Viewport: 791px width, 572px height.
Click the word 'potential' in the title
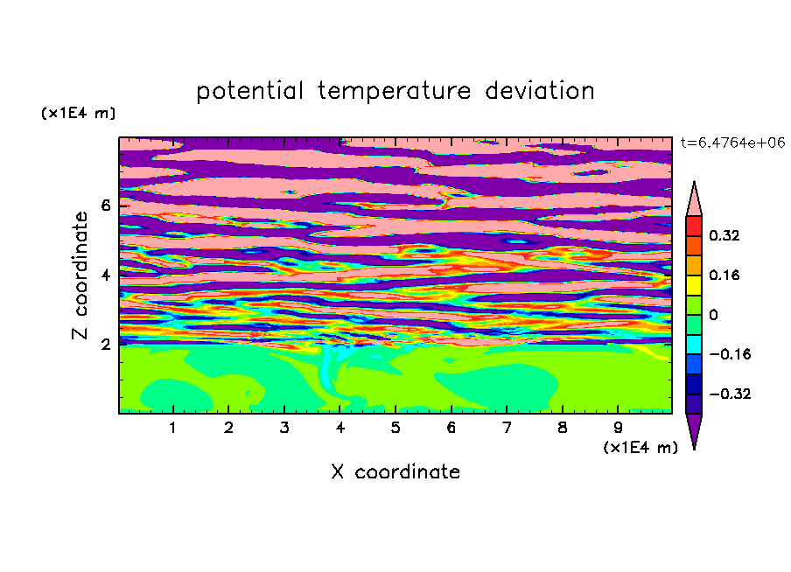tap(249, 92)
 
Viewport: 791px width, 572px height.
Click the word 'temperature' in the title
tap(395, 92)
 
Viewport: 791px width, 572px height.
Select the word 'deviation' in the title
tap(540, 91)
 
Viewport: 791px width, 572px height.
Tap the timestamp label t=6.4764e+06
tap(733, 143)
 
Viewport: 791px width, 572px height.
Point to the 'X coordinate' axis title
tap(395, 471)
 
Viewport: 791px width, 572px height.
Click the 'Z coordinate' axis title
tap(80, 276)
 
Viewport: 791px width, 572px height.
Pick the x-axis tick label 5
tap(395, 428)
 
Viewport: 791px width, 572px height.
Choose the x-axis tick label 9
tap(618, 428)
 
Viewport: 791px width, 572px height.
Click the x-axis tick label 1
tap(173, 428)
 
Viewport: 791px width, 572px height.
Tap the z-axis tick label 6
tap(105, 206)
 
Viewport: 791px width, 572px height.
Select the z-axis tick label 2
tap(105, 345)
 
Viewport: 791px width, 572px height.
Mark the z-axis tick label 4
tap(105, 275)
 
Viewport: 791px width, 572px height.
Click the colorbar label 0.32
tap(724, 235)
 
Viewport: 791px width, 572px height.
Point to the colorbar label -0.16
tap(730, 354)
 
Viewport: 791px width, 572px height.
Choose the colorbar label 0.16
tap(724, 275)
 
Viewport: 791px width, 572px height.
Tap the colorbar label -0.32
tap(730, 394)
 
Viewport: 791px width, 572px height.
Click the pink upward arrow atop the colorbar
tap(694, 201)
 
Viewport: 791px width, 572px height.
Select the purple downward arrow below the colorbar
tap(694, 429)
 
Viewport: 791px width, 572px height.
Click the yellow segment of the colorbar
tap(694, 285)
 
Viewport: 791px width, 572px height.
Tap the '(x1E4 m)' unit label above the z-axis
tap(78, 113)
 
